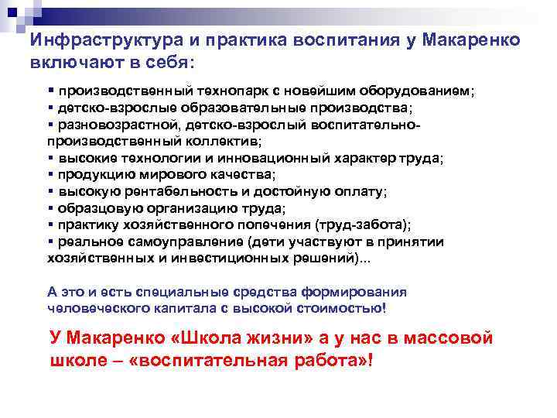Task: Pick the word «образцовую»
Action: (x=91, y=208)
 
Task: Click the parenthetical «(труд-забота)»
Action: (x=364, y=225)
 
